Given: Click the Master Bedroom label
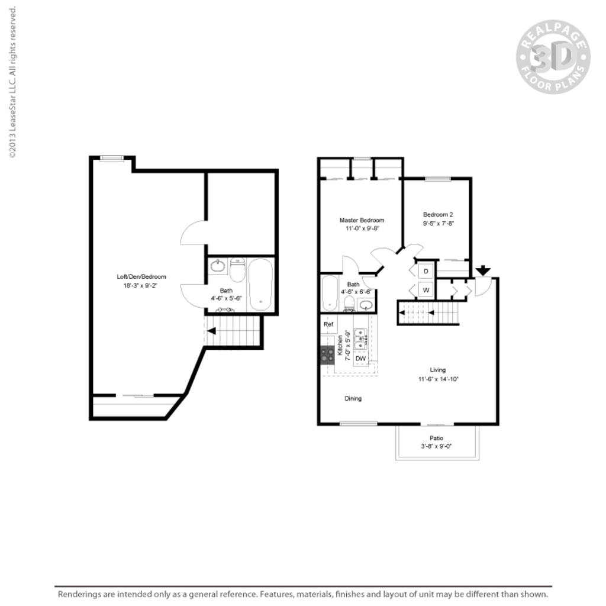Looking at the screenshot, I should [362, 220].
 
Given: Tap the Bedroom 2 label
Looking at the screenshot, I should [438, 214].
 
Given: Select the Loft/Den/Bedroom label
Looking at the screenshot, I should [141, 276].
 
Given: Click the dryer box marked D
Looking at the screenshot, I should [426, 271].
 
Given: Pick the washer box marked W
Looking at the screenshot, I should [426, 290].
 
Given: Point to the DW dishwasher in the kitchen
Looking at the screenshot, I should [360, 359].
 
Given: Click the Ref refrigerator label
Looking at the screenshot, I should [328, 324].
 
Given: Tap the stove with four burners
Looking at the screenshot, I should [327, 354].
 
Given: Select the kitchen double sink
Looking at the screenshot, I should [360, 337].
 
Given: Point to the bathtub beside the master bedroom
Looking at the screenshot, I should [330, 292].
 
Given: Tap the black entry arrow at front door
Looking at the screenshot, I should [483, 270].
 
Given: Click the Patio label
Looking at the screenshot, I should [437, 438].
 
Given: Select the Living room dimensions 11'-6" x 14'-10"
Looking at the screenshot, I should [438, 379].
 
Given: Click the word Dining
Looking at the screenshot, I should [353, 398].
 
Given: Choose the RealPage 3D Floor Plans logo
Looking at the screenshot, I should [553, 57].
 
